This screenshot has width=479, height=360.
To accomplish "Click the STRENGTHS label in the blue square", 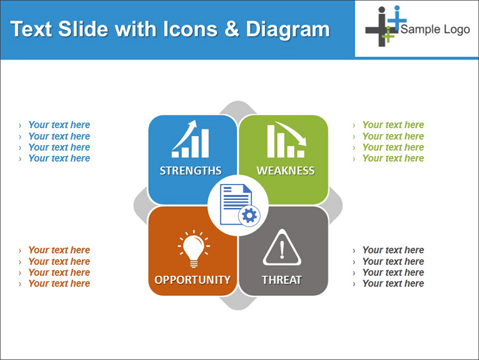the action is point(191,170).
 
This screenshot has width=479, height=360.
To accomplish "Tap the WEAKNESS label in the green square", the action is point(285,170).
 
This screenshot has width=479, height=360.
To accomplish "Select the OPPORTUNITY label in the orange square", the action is point(192,280).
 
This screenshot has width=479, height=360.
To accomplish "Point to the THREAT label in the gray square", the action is point(282,280).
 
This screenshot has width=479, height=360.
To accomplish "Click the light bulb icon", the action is point(194,248).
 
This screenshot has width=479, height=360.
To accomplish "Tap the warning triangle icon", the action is point(282,248).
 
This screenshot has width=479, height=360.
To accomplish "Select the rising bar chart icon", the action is point(190,139).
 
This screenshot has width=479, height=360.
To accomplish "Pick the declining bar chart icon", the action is point(287,140).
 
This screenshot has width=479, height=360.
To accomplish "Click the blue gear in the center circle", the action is point(250,216).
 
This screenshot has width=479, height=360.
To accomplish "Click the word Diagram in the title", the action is point(288,29).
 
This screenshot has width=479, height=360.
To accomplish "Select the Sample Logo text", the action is point(435,29).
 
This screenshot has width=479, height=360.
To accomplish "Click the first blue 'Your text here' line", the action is point(60,125).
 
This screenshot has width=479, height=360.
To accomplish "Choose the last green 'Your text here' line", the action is point(393,158).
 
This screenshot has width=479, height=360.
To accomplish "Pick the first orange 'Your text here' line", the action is point(60,250).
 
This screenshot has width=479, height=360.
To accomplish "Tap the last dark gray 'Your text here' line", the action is point(393,283).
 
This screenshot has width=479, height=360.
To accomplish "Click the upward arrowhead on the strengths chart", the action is point(192,123).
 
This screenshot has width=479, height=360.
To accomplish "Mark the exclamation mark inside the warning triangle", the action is point(282,249).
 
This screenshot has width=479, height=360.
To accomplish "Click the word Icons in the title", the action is point(190,29).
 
